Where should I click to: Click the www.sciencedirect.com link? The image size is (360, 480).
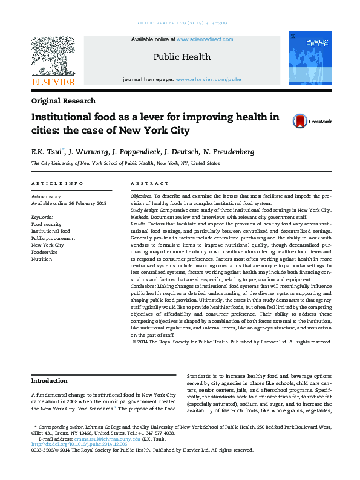205,39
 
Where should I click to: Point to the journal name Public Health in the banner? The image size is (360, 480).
182,57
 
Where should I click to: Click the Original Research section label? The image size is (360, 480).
63,101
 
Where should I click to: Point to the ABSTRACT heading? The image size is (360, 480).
149,183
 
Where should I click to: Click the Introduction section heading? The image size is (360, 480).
50,381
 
